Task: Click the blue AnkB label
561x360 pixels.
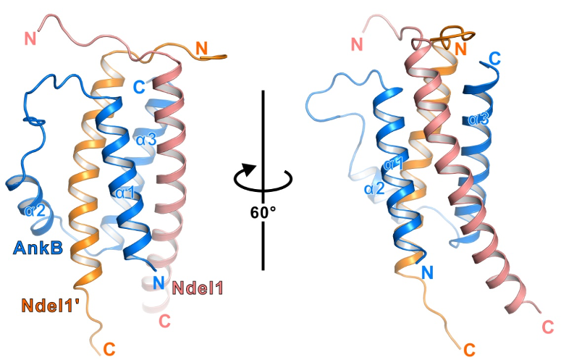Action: (x=38, y=248)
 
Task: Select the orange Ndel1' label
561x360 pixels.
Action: (x=51, y=306)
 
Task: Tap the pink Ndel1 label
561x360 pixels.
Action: (x=198, y=288)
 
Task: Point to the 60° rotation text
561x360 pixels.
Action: (x=263, y=212)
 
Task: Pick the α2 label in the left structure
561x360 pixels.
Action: (x=35, y=211)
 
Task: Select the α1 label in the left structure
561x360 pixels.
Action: (x=125, y=193)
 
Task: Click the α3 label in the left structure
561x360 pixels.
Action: (x=146, y=140)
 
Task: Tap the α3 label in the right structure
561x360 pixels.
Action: (x=478, y=119)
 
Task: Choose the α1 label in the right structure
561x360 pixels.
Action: (x=393, y=164)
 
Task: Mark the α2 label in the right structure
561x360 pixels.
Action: (x=374, y=188)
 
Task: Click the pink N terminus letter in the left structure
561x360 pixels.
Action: (x=30, y=38)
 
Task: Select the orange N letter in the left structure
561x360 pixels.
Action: (x=201, y=48)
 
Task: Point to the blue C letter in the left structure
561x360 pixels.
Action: (x=139, y=87)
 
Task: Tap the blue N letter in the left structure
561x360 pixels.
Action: (x=159, y=282)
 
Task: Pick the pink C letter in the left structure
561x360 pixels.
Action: (x=164, y=321)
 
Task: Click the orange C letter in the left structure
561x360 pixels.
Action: (x=109, y=349)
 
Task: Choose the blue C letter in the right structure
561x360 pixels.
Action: (x=495, y=59)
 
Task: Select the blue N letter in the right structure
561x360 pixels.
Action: (x=427, y=272)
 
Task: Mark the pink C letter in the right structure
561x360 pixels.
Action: (x=548, y=327)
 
